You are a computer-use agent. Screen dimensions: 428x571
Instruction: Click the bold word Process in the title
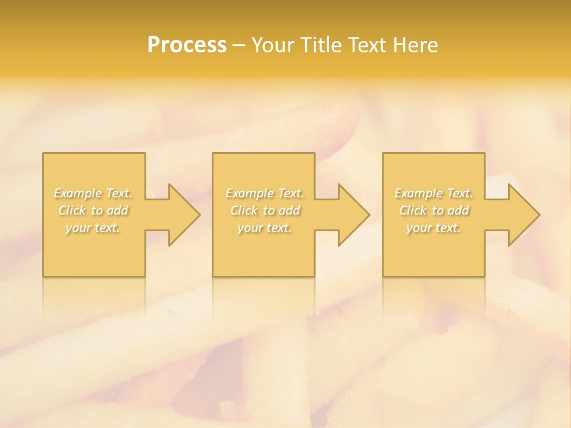[187, 45]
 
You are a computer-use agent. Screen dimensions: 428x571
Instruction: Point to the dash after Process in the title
[239, 46]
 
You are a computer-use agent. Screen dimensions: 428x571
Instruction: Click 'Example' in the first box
[78, 193]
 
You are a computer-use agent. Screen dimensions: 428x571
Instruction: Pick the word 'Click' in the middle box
[244, 210]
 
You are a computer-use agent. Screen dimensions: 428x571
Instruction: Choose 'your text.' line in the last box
[434, 228]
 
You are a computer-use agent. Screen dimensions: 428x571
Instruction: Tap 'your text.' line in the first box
[93, 228]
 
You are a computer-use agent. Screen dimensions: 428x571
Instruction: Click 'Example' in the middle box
[249, 193]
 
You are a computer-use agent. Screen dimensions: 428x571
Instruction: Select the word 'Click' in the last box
[413, 210]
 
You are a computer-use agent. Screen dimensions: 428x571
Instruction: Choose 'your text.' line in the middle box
[264, 228]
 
